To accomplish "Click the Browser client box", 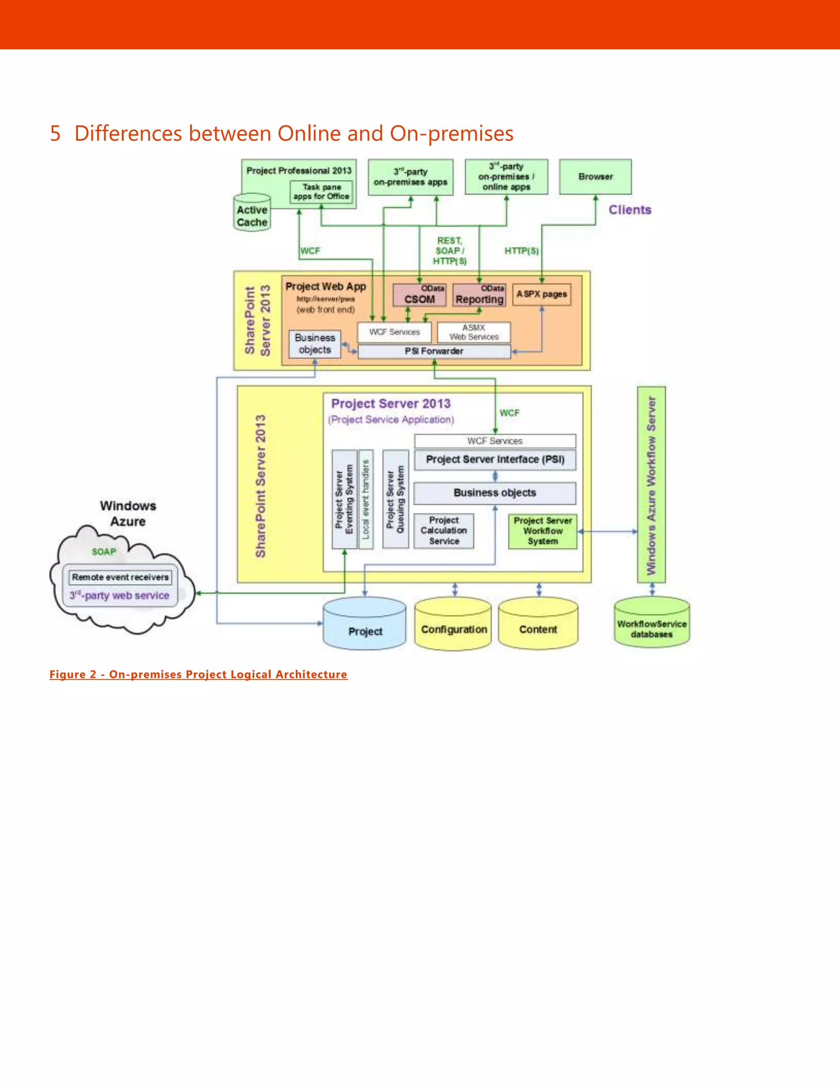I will [x=595, y=177].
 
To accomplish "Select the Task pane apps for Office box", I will [x=322, y=192].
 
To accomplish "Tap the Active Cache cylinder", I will [x=252, y=214].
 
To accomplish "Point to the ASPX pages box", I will [x=541, y=294].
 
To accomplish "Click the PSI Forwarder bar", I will [x=434, y=351].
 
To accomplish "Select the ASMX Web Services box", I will [x=474, y=332].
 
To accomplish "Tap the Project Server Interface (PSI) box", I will [x=495, y=459].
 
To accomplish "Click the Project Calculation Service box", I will [x=444, y=531].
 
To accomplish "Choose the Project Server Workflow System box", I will [x=542, y=531].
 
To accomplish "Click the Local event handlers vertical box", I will [x=366, y=499].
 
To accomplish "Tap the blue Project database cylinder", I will [x=365, y=627].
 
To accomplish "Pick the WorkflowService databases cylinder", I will [x=651, y=625].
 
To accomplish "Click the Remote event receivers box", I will [x=121, y=577].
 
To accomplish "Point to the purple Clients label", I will [x=630, y=210].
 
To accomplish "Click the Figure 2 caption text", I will [x=198, y=674].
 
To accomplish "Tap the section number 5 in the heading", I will [x=55, y=133].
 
